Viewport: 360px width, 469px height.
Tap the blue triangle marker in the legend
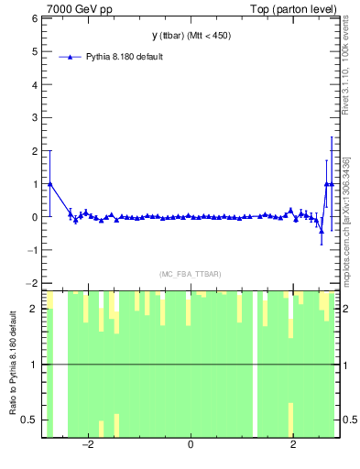[x=71, y=57]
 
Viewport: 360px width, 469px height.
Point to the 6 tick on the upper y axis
[x=34, y=18]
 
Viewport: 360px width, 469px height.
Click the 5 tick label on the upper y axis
[x=34, y=51]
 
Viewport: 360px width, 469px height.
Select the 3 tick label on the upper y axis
[x=34, y=118]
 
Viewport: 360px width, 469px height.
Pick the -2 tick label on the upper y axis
[x=32, y=284]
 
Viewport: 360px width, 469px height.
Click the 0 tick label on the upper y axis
[x=34, y=217]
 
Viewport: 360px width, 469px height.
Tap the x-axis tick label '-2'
[x=88, y=445]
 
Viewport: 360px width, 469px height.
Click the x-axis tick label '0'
[x=191, y=445]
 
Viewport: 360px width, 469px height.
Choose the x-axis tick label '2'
[x=293, y=445]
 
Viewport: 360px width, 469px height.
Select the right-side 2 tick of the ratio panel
[x=346, y=309]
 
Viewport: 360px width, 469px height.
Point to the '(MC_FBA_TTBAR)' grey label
[x=190, y=274]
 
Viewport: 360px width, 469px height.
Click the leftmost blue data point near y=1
[x=49, y=183]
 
